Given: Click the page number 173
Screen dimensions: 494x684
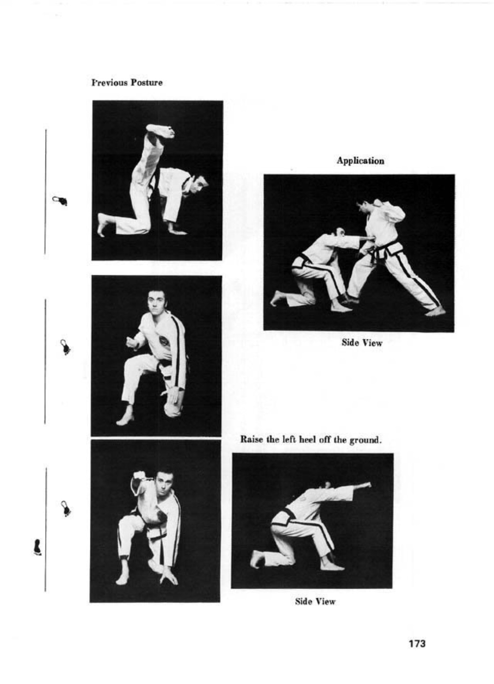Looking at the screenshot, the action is click(417, 643).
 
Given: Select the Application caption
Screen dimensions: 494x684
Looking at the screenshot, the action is click(360, 161).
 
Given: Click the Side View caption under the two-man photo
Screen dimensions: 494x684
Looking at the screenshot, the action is click(362, 343).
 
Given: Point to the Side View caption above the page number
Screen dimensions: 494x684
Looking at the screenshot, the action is click(315, 601).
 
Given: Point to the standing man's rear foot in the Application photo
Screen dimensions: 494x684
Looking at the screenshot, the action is click(435, 311).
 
